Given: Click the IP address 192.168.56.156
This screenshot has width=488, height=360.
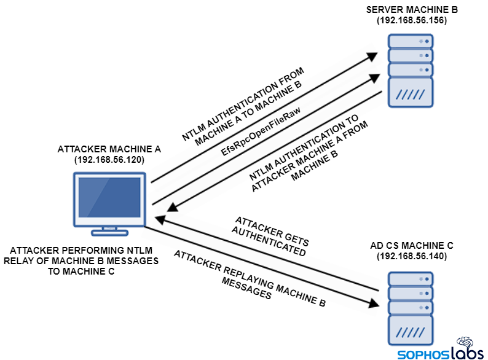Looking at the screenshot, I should click(x=411, y=20).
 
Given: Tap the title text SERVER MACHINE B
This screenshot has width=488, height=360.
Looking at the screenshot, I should click(x=411, y=9).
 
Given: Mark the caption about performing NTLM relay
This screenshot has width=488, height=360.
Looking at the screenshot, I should click(x=84, y=261).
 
